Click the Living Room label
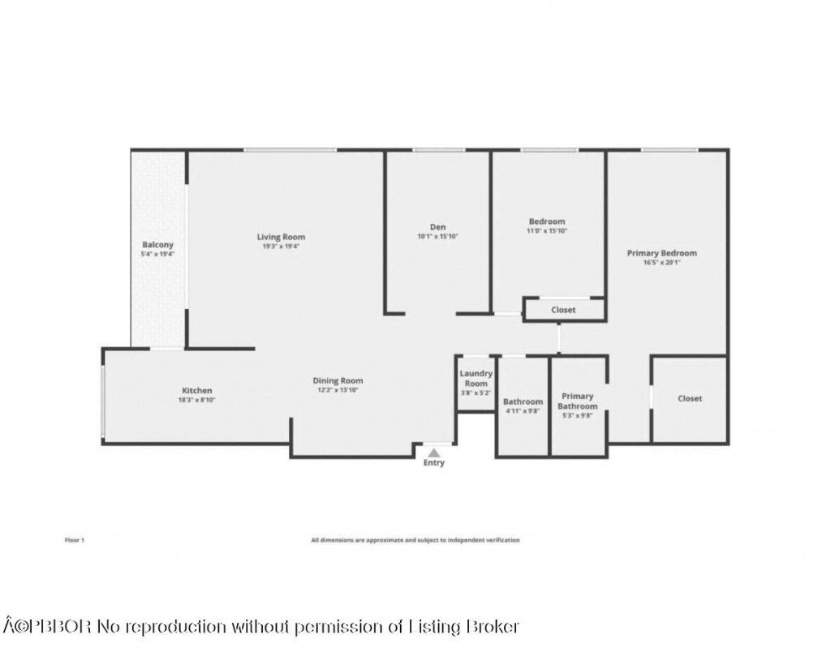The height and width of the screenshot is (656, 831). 282,237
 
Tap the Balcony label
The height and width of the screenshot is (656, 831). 157,245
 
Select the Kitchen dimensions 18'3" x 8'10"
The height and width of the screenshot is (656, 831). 196,400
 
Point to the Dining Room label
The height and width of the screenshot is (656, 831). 338,380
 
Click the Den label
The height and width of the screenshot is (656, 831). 437,227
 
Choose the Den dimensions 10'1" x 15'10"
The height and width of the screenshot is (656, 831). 437,237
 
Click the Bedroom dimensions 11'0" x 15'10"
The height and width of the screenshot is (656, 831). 547,231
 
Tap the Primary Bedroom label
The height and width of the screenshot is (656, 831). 661,253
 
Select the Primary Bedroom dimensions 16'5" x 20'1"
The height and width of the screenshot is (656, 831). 661,263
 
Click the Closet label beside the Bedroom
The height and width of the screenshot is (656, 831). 563,310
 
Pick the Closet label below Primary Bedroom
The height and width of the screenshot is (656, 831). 690,399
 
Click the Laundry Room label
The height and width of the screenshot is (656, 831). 476,378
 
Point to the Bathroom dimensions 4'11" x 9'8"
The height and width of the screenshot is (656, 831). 523,411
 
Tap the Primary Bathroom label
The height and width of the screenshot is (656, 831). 578,401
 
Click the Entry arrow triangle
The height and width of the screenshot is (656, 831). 434,452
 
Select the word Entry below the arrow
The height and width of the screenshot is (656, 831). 434,463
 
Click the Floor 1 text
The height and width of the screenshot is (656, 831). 73,540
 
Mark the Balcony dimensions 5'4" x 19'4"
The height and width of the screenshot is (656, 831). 157,255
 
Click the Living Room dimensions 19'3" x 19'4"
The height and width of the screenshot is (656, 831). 282,247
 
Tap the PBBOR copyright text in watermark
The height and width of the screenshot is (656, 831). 49,627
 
